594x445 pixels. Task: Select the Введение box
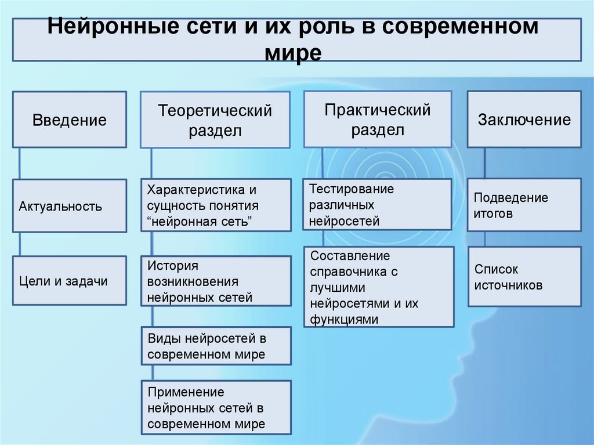pos(70,120)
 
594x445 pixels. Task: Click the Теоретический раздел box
pos(215,120)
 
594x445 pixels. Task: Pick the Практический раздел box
pos(378,119)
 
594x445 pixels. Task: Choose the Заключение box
pos(524,120)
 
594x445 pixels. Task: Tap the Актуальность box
pos(70,206)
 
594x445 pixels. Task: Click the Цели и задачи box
pos(70,281)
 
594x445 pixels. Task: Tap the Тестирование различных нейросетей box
pos(377,204)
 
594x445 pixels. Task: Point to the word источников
pos(509,285)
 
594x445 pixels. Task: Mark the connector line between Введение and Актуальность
pos(20,163)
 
